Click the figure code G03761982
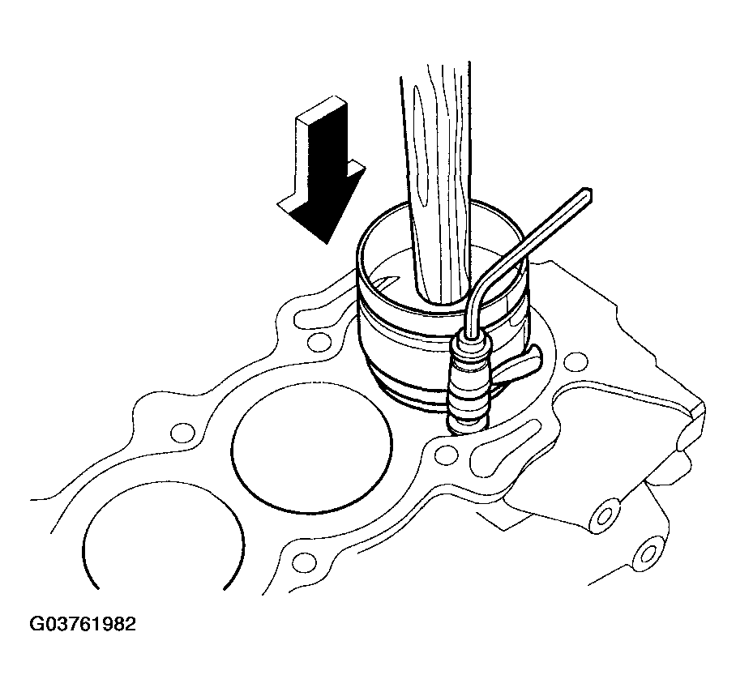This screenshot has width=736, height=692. [83, 624]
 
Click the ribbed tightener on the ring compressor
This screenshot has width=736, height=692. [469, 382]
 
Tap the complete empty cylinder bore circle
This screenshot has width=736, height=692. [312, 447]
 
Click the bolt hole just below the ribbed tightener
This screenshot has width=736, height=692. [446, 454]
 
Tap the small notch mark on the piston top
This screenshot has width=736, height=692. [385, 283]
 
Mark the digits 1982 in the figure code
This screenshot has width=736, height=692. [114, 624]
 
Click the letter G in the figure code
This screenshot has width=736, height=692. [36, 624]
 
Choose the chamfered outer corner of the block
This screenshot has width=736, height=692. [698, 408]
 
